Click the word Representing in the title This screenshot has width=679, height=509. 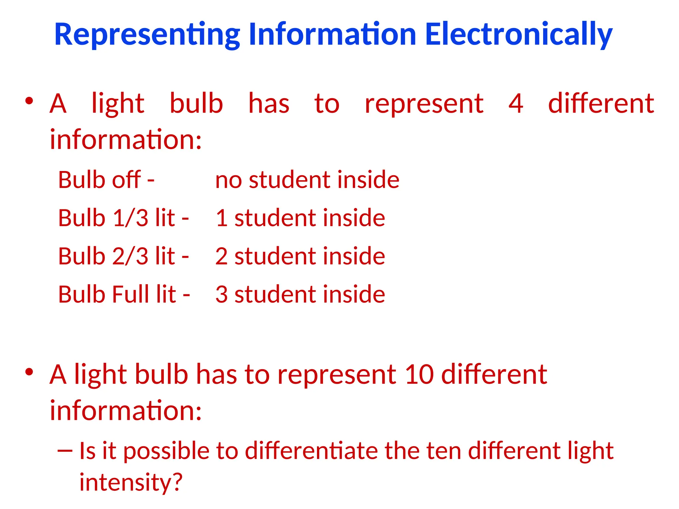pos(147,34)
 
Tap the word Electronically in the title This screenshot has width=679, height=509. pos(519,34)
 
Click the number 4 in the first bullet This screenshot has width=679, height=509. pos(516,103)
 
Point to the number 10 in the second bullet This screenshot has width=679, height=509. pos(419,374)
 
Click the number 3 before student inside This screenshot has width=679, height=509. pos(221,294)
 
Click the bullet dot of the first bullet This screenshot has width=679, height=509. pos(29,101)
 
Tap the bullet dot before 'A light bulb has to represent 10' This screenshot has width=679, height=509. pos(29,372)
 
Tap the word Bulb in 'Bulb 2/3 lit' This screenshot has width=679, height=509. pos(82,256)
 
